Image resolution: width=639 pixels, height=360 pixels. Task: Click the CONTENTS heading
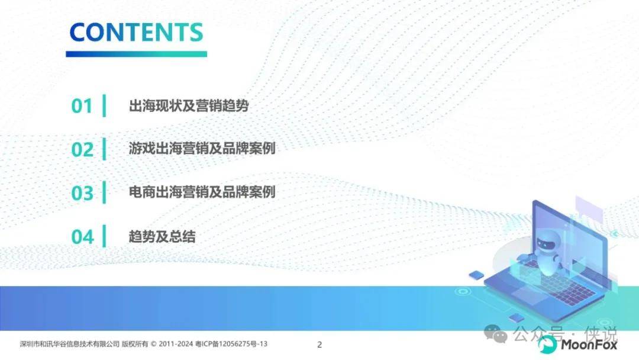[136, 32]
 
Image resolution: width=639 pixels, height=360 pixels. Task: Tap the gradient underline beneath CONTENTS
[137, 54]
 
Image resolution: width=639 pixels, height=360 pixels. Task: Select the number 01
[82, 106]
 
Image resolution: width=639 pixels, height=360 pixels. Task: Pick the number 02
[82, 150]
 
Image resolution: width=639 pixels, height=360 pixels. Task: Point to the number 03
[82, 193]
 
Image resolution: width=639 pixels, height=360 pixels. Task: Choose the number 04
[82, 237]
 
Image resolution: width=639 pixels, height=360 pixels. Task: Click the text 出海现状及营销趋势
[189, 105]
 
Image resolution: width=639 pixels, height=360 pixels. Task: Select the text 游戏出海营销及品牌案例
[202, 148]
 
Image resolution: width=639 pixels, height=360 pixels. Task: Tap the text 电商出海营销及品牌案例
[202, 192]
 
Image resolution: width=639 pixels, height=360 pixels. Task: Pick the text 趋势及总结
[162, 236]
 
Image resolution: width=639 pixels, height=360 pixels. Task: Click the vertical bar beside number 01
[104, 105]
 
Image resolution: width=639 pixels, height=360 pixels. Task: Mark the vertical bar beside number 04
[104, 236]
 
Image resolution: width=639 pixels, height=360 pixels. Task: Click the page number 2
[319, 345]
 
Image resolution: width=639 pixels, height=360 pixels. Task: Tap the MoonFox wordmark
[589, 345]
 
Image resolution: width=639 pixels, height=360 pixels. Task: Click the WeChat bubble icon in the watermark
[495, 334]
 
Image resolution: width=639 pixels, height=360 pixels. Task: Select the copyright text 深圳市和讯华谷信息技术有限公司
[70, 344]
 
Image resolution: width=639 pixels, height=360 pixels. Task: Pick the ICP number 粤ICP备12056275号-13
[231, 344]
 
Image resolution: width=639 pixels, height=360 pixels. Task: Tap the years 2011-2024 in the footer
[176, 344]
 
